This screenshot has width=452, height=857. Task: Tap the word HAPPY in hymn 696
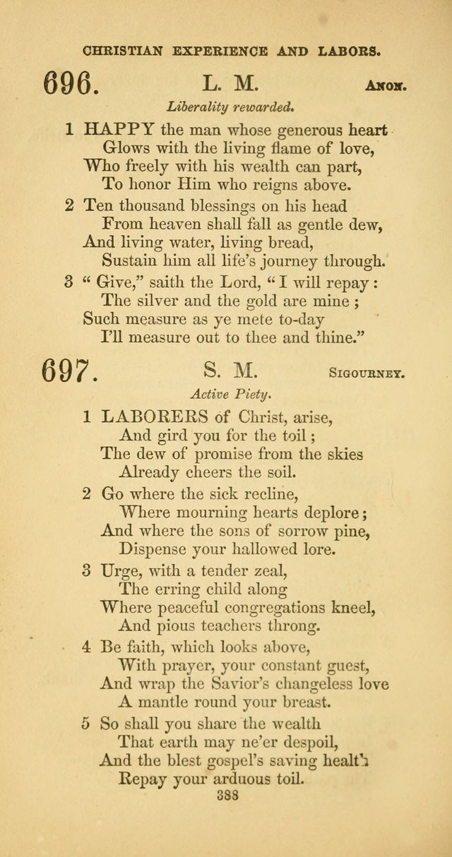tap(119, 129)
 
